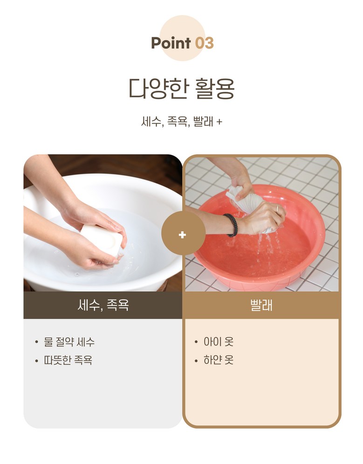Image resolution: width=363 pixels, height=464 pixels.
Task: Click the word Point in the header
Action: coord(171,43)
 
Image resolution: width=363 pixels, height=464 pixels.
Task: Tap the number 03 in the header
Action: coord(205,43)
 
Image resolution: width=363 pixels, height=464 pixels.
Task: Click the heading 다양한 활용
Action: coord(182,88)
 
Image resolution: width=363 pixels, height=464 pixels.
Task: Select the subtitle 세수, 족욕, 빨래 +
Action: coord(182,121)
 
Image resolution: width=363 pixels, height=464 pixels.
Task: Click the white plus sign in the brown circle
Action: coord(182,235)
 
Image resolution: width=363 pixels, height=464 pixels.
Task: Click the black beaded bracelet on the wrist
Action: coord(232,225)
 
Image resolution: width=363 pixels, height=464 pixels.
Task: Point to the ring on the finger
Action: coord(277,208)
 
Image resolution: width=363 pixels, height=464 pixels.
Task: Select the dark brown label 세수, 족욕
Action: coord(103,305)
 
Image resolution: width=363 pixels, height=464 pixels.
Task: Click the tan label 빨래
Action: coord(262,305)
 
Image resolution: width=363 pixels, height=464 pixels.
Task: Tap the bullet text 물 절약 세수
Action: coord(69,342)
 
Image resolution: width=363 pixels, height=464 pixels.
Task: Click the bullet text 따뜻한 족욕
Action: coord(68,360)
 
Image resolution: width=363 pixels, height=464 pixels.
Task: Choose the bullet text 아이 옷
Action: coord(219,342)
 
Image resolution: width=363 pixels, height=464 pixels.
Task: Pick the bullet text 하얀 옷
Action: coord(219,360)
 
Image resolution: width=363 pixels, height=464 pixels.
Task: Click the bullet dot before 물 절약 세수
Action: coord(36,343)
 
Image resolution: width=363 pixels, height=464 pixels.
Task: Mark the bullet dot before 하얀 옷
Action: coord(196,361)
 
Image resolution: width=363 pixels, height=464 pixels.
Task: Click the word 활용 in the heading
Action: coord(215,88)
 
